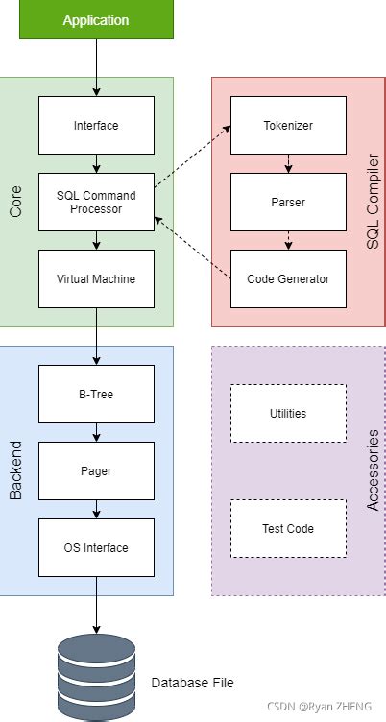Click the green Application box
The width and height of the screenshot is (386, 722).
pyautogui.click(x=96, y=19)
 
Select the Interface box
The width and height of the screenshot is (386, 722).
pyautogui.click(x=96, y=125)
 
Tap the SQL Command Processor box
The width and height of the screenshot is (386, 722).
pyautogui.click(x=96, y=202)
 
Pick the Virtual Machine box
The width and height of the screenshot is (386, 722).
pyautogui.click(x=96, y=278)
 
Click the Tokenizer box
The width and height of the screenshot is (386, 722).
pyautogui.click(x=288, y=125)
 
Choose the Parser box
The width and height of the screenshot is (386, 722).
pyautogui.click(x=288, y=202)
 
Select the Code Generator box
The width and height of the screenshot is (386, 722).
pyautogui.click(x=288, y=278)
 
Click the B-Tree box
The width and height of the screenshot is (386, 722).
pyautogui.click(x=96, y=394)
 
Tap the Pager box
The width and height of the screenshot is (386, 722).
pyautogui.click(x=96, y=470)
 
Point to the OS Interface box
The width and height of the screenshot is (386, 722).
pyautogui.click(x=96, y=547)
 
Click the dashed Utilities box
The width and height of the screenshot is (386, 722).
pyautogui.click(x=288, y=413)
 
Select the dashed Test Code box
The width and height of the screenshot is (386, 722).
pyautogui.click(x=288, y=528)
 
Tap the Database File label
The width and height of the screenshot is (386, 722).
pyautogui.click(x=192, y=683)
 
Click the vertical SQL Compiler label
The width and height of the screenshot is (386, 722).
pyautogui.click(x=374, y=202)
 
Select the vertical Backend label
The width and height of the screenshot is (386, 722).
pyautogui.click(x=15, y=470)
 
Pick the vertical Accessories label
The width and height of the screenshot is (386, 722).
pyautogui.click(x=374, y=470)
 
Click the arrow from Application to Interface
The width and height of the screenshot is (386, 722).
pyautogui.click(x=96, y=67)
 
